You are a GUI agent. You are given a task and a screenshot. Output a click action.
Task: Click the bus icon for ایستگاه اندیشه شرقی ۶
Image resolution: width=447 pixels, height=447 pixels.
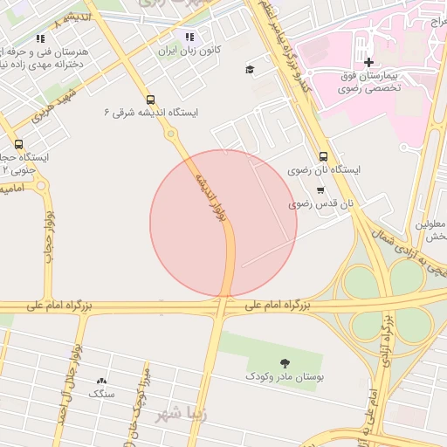[x=150, y=100]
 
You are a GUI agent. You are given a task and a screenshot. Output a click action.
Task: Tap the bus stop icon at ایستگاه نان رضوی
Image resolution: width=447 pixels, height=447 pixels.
[x=324, y=155]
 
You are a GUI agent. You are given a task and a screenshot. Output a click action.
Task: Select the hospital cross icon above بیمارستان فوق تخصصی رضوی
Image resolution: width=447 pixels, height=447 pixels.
[x=369, y=62]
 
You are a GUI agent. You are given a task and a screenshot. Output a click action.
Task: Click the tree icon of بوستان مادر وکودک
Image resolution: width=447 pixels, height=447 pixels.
[x=285, y=362]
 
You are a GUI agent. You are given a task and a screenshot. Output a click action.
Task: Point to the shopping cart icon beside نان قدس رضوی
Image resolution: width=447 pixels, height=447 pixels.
[x=320, y=189]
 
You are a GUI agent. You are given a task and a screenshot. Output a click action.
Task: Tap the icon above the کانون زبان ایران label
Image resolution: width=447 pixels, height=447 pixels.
[x=189, y=37]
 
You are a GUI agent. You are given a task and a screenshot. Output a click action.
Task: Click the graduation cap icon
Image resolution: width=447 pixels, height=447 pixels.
[x=250, y=69]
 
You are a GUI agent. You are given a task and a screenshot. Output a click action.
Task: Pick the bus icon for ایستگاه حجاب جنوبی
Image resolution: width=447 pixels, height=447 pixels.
[x=19, y=144]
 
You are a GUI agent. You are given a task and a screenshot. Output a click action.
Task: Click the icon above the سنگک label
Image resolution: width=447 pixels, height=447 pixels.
[x=101, y=380]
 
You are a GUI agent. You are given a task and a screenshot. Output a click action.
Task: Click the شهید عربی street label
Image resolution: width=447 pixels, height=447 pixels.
[x=58, y=104]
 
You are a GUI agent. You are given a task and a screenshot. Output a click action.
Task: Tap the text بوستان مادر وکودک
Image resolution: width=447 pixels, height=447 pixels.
[x=285, y=376]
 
